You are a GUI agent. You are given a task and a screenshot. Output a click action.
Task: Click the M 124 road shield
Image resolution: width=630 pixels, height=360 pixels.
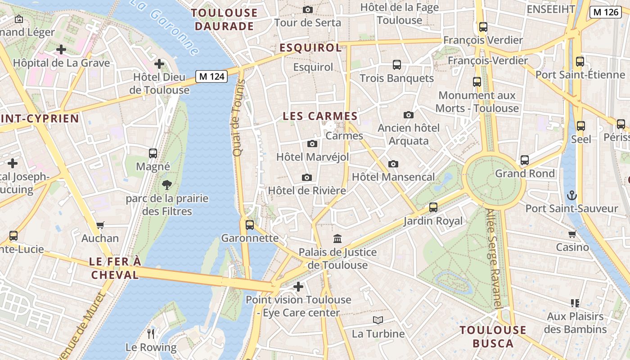[x=211, y=76]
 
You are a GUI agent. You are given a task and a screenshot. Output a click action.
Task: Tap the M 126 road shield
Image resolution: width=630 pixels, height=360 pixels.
[x=606, y=12]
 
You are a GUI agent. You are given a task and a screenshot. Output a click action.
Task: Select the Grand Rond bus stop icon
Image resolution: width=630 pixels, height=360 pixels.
[x=524, y=160]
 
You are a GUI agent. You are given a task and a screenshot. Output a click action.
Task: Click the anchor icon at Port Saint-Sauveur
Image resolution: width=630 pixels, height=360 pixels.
[x=571, y=195]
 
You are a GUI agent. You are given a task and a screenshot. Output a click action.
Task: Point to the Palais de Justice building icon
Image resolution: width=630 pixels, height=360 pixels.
[x=337, y=238]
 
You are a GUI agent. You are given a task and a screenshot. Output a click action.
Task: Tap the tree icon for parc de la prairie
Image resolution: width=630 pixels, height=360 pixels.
[x=167, y=184]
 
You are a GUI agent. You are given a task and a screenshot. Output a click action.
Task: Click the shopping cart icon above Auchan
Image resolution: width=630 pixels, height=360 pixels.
[x=100, y=225]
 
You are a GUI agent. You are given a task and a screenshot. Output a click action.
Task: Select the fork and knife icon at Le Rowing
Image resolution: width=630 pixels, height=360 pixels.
[x=151, y=333]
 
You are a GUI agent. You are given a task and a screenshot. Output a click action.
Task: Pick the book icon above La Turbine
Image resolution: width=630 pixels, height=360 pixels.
[x=378, y=320]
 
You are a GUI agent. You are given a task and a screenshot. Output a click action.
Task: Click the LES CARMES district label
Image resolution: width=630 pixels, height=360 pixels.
[x=320, y=116]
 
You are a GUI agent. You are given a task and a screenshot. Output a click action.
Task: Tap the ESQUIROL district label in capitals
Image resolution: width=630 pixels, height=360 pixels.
[x=310, y=48]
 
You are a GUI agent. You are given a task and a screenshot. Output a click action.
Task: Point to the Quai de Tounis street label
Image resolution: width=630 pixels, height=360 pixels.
[x=238, y=118]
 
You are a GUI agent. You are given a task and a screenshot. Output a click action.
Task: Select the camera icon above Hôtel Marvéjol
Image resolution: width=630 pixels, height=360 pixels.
[x=312, y=144]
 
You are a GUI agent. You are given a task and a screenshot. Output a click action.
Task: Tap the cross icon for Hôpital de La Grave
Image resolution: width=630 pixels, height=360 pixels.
[x=61, y=49]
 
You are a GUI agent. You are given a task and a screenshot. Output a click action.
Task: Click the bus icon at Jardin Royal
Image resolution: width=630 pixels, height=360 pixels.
[x=433, y=207]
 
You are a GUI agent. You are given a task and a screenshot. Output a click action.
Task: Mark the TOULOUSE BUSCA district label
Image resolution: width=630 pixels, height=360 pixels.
[x=493, y=337]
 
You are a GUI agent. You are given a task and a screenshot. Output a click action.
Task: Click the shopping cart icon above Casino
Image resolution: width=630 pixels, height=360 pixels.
[x=572, y=234]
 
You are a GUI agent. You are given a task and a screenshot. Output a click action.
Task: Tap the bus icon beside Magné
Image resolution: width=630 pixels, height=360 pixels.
[x=153, y=153]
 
